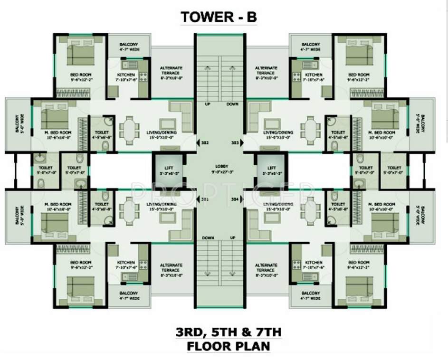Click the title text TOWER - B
click(x=219, y=17)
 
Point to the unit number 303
click(x=234, y=142)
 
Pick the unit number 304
click(x=234, y=199)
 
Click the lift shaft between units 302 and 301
click(x=168, y=171)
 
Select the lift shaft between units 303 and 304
click(x=271, y=171)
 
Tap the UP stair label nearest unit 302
click(x=207, y=104)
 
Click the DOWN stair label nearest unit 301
click(x=207, y=237)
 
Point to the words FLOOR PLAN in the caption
click(x=228, y=346)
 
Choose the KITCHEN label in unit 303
click(x=314, y=75)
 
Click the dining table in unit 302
click(x=128, y=129)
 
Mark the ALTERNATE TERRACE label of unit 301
click(x=171, y=268)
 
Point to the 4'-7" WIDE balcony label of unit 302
click(x=128, y=49)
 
